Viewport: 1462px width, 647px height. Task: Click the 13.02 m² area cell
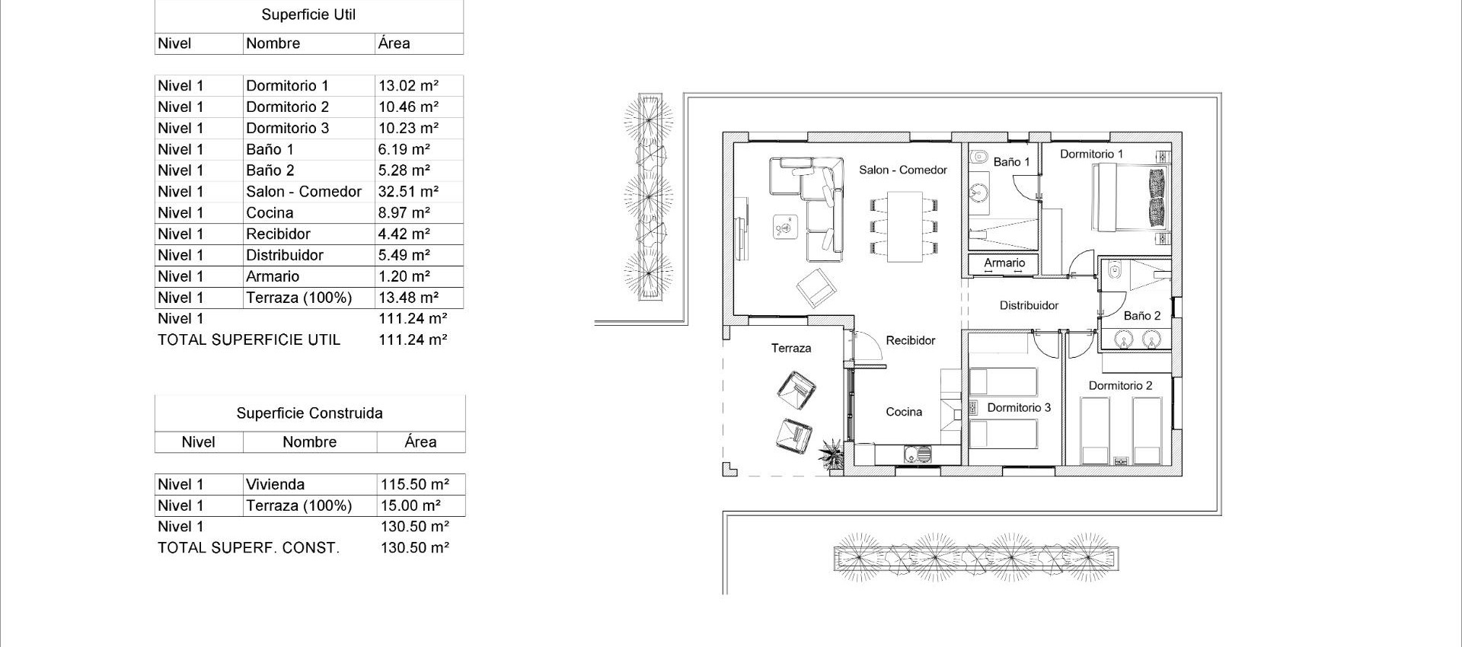point(408,86)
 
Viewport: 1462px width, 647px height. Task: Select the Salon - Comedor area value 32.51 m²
point(408,192)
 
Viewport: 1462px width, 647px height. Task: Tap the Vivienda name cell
point(275,484)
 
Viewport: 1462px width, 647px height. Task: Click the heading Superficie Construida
point(309,413)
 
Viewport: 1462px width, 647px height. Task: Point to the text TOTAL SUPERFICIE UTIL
point(249,340)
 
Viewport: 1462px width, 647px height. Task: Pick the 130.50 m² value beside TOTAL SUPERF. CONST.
point(414,548)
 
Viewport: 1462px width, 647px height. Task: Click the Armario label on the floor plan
point(1004,263)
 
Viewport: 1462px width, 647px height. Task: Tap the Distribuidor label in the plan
point(1029,305)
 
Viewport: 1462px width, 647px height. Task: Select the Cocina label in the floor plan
point(904,412)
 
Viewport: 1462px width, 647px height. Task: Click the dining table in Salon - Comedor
point(905,226)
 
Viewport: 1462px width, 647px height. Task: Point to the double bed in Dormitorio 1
point(1130,198)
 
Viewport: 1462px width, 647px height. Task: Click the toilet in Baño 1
point(978,158)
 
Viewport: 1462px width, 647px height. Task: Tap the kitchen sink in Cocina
point(917,455)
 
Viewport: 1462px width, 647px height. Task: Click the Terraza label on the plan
point(791,348)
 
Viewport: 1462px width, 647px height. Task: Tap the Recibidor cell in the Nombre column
point(278,234)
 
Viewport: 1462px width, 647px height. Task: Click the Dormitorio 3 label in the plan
point(1019,408)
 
